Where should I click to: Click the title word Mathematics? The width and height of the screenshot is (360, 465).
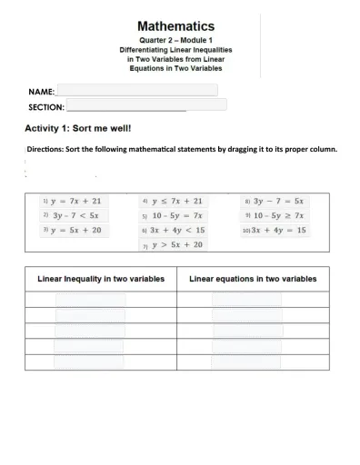click(176, 27)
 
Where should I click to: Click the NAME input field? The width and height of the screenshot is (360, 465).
click(136, 90)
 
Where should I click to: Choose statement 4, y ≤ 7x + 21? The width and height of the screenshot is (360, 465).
click(178, 201)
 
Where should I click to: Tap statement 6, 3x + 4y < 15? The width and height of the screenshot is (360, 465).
click(178, 231)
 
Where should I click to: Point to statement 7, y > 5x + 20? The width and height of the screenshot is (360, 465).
click(177, 245)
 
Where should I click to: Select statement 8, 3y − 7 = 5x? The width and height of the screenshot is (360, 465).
click(278, 201)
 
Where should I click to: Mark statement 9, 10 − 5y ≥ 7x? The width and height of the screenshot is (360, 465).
click(278, 215)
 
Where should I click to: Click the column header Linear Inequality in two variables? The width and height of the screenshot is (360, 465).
click(100, 279)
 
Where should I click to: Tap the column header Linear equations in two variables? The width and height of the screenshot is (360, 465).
click(253, 279)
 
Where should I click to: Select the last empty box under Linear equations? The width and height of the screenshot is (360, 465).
click(246, 361)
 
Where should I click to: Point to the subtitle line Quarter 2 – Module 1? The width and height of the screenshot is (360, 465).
click(176, 42)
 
